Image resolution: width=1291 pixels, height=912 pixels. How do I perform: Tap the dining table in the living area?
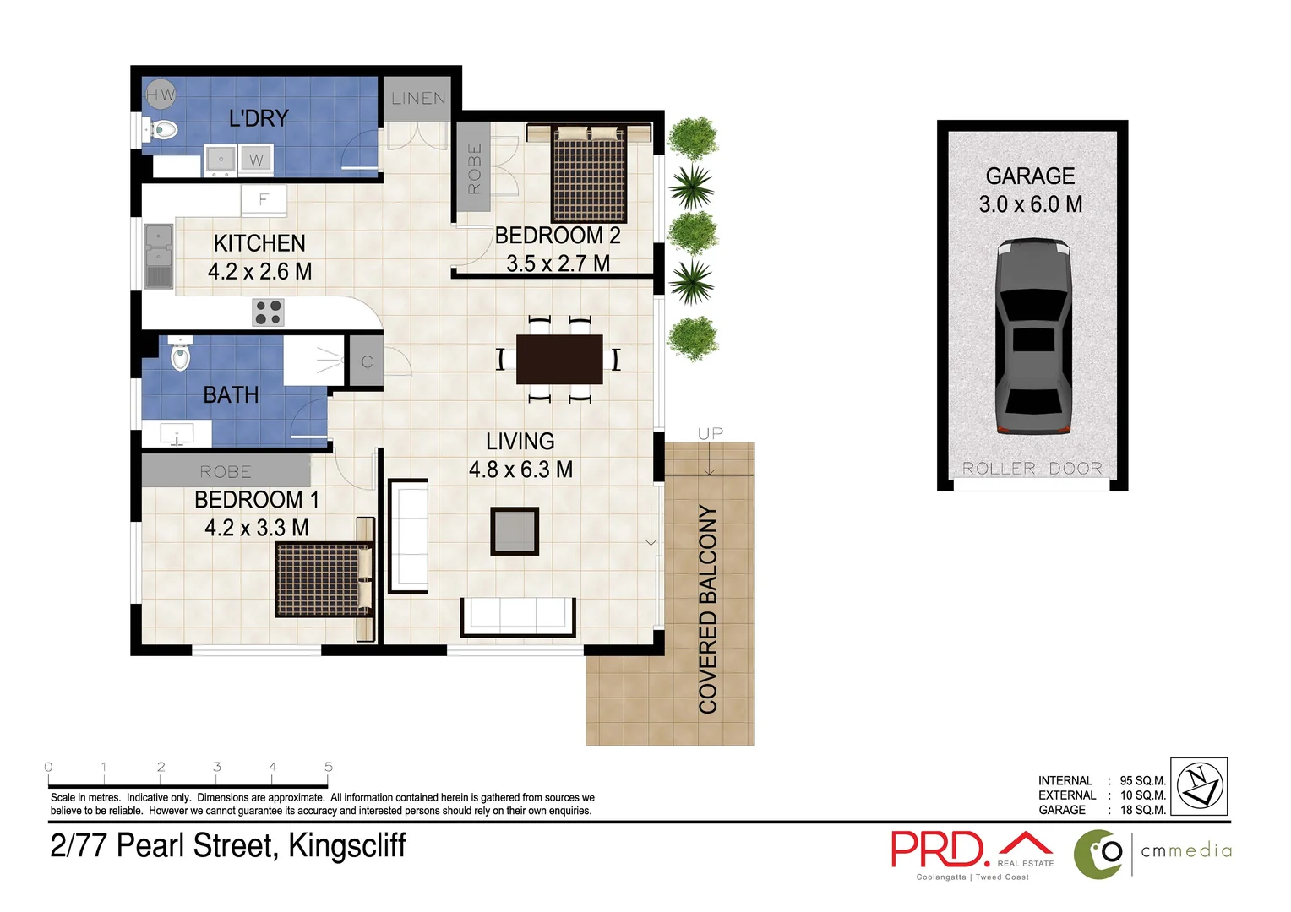click(x=559, y=360)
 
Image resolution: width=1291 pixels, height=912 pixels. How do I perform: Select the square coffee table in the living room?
click(x=515, y=531)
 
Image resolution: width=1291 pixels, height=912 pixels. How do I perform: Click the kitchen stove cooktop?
click(x=268, y=312)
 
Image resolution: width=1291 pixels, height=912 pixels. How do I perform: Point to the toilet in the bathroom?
click(x=180, y=355)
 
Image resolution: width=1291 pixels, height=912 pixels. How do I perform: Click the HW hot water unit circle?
click(x=159, y=95)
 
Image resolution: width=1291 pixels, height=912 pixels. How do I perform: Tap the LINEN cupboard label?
click(x=418, y=99)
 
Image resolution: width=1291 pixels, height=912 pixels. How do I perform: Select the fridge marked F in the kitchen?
click(x=264, y=200)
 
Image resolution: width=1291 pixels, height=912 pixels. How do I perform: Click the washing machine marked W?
click(x=256, y=160)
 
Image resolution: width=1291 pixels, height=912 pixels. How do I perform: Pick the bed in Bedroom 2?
click(x=589, y=174)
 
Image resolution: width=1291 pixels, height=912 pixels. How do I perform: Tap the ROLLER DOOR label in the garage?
click(x=1032, y=469)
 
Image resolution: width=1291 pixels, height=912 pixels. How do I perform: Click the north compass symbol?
click(x=1199, y=786)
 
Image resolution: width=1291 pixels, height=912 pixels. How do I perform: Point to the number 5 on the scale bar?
click(x=328, y=767)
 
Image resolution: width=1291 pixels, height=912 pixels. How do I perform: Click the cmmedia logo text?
click(x=1186, y=851)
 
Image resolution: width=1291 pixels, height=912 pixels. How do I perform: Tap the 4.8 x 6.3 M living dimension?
click(x=520, y=470)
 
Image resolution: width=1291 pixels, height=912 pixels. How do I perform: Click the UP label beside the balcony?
click(x=710, y=433)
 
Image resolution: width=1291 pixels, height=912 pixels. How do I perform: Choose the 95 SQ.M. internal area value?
click(x=1142, y=781)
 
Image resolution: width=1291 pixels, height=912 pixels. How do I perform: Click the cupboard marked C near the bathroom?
click(x=367, y=361)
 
